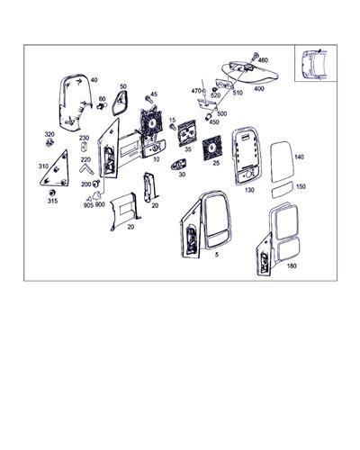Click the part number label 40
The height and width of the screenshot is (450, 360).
click(x=94, y=80)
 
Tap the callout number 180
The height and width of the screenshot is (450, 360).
click(x=292, y=265)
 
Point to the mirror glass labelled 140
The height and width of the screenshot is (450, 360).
click(x=283, y=161)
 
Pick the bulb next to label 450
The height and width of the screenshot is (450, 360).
click(x=208, y=117)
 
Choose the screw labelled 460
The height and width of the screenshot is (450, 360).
click(x=255, y=57)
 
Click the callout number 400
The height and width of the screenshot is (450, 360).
click(x=259, y=89)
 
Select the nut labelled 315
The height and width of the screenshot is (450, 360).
click(x=52, y=193)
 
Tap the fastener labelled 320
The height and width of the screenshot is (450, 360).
click(x=49, y=142)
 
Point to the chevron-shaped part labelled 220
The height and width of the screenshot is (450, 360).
click(x=86, y=169)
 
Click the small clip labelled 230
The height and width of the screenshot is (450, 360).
click(x=85, y=147)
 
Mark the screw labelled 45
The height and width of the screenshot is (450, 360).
click(x=148, y=99)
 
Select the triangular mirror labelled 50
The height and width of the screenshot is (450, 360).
click(x=121, y=103)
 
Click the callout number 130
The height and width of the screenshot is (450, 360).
click(x=249, y=190)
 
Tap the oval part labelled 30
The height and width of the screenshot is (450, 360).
click(x=178, y=165)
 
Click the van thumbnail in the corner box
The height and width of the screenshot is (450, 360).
click(x=315, y=65)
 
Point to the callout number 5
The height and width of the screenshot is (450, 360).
click(x=217, y=255)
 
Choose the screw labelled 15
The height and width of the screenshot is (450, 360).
click(x=173, y=127)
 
